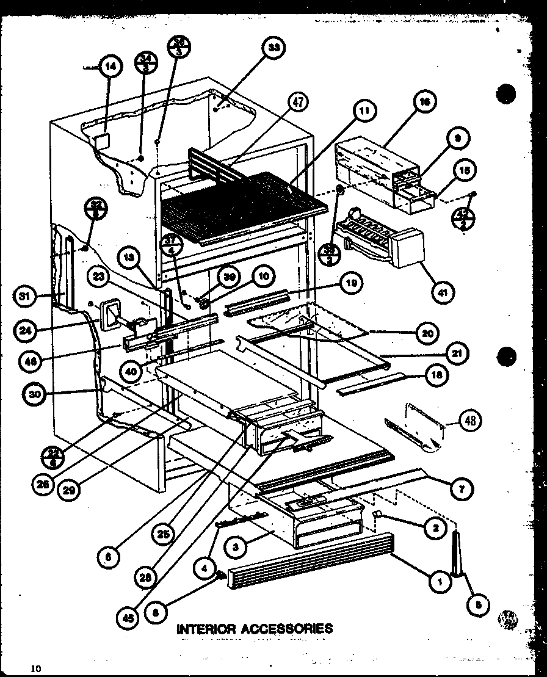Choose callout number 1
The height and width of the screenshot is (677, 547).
pyautogui.click(x=439, y=582)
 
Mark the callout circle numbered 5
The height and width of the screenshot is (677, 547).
pyautogui.click(x=478, y=604)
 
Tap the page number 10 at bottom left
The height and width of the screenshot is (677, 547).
pyautogui.click(x=37, y=668)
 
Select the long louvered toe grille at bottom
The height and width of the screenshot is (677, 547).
pyautogui.click(x=311, y=560)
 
